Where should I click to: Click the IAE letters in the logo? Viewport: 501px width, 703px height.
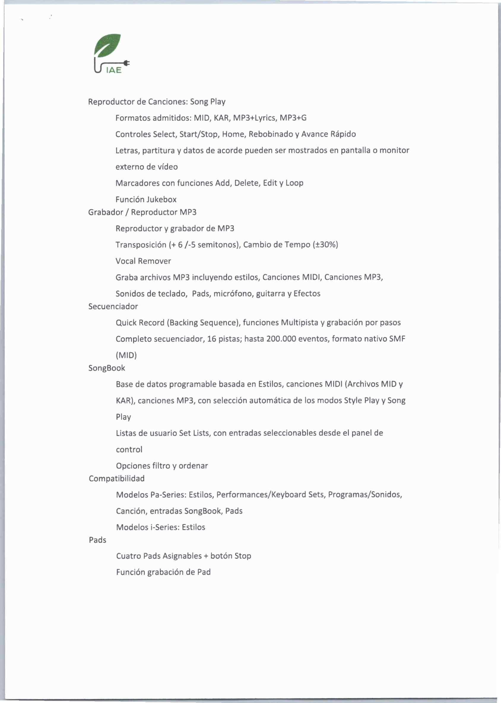pos(114,71)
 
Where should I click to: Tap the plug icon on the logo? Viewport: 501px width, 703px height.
pos(127,63)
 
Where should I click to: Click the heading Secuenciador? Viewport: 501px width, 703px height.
pos(113,306)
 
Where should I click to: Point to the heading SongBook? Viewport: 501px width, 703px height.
pos(107,368)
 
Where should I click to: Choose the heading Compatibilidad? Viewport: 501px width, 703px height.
pos(117,478)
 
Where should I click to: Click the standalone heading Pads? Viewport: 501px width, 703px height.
pos(97,540)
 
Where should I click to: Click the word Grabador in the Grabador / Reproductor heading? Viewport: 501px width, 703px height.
pos(105,212)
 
